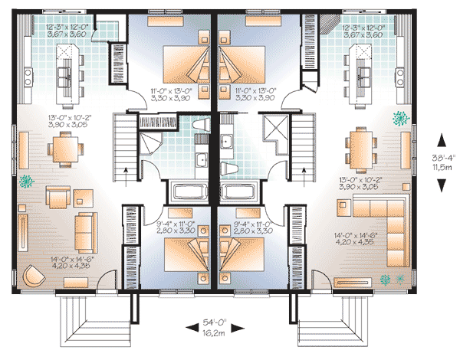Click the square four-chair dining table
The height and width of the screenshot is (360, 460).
[63, 148]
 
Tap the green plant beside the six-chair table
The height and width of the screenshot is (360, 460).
[399, 118]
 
